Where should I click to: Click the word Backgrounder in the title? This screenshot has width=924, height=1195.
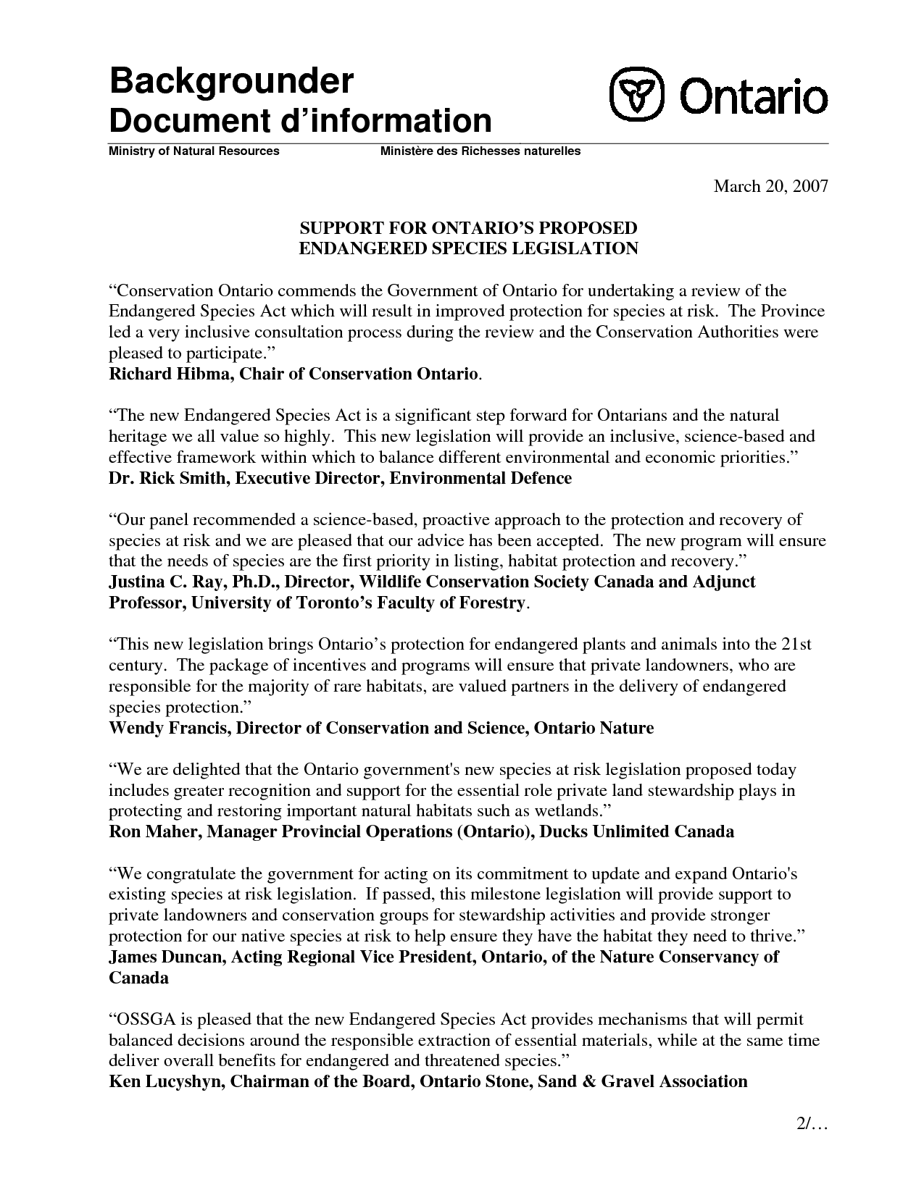click(x=230, y=83)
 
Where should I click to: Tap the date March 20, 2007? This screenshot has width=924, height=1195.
click(x=770, y=187)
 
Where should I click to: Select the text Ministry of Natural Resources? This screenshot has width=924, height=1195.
click(x=193, y=151)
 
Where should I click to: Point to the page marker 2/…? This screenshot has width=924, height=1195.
click(x=807, y=1126)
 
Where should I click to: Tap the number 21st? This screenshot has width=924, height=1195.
click(x=796, y=645)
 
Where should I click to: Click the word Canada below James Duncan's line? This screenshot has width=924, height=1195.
click(x=138, y=978)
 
